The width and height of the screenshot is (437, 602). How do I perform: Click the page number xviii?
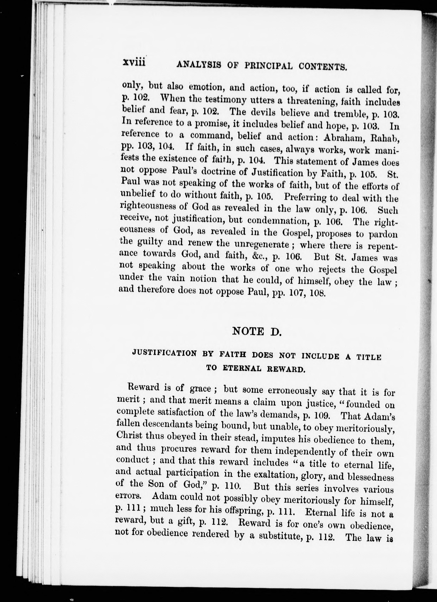[134, 63]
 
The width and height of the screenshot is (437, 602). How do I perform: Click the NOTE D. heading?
[256, 332]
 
